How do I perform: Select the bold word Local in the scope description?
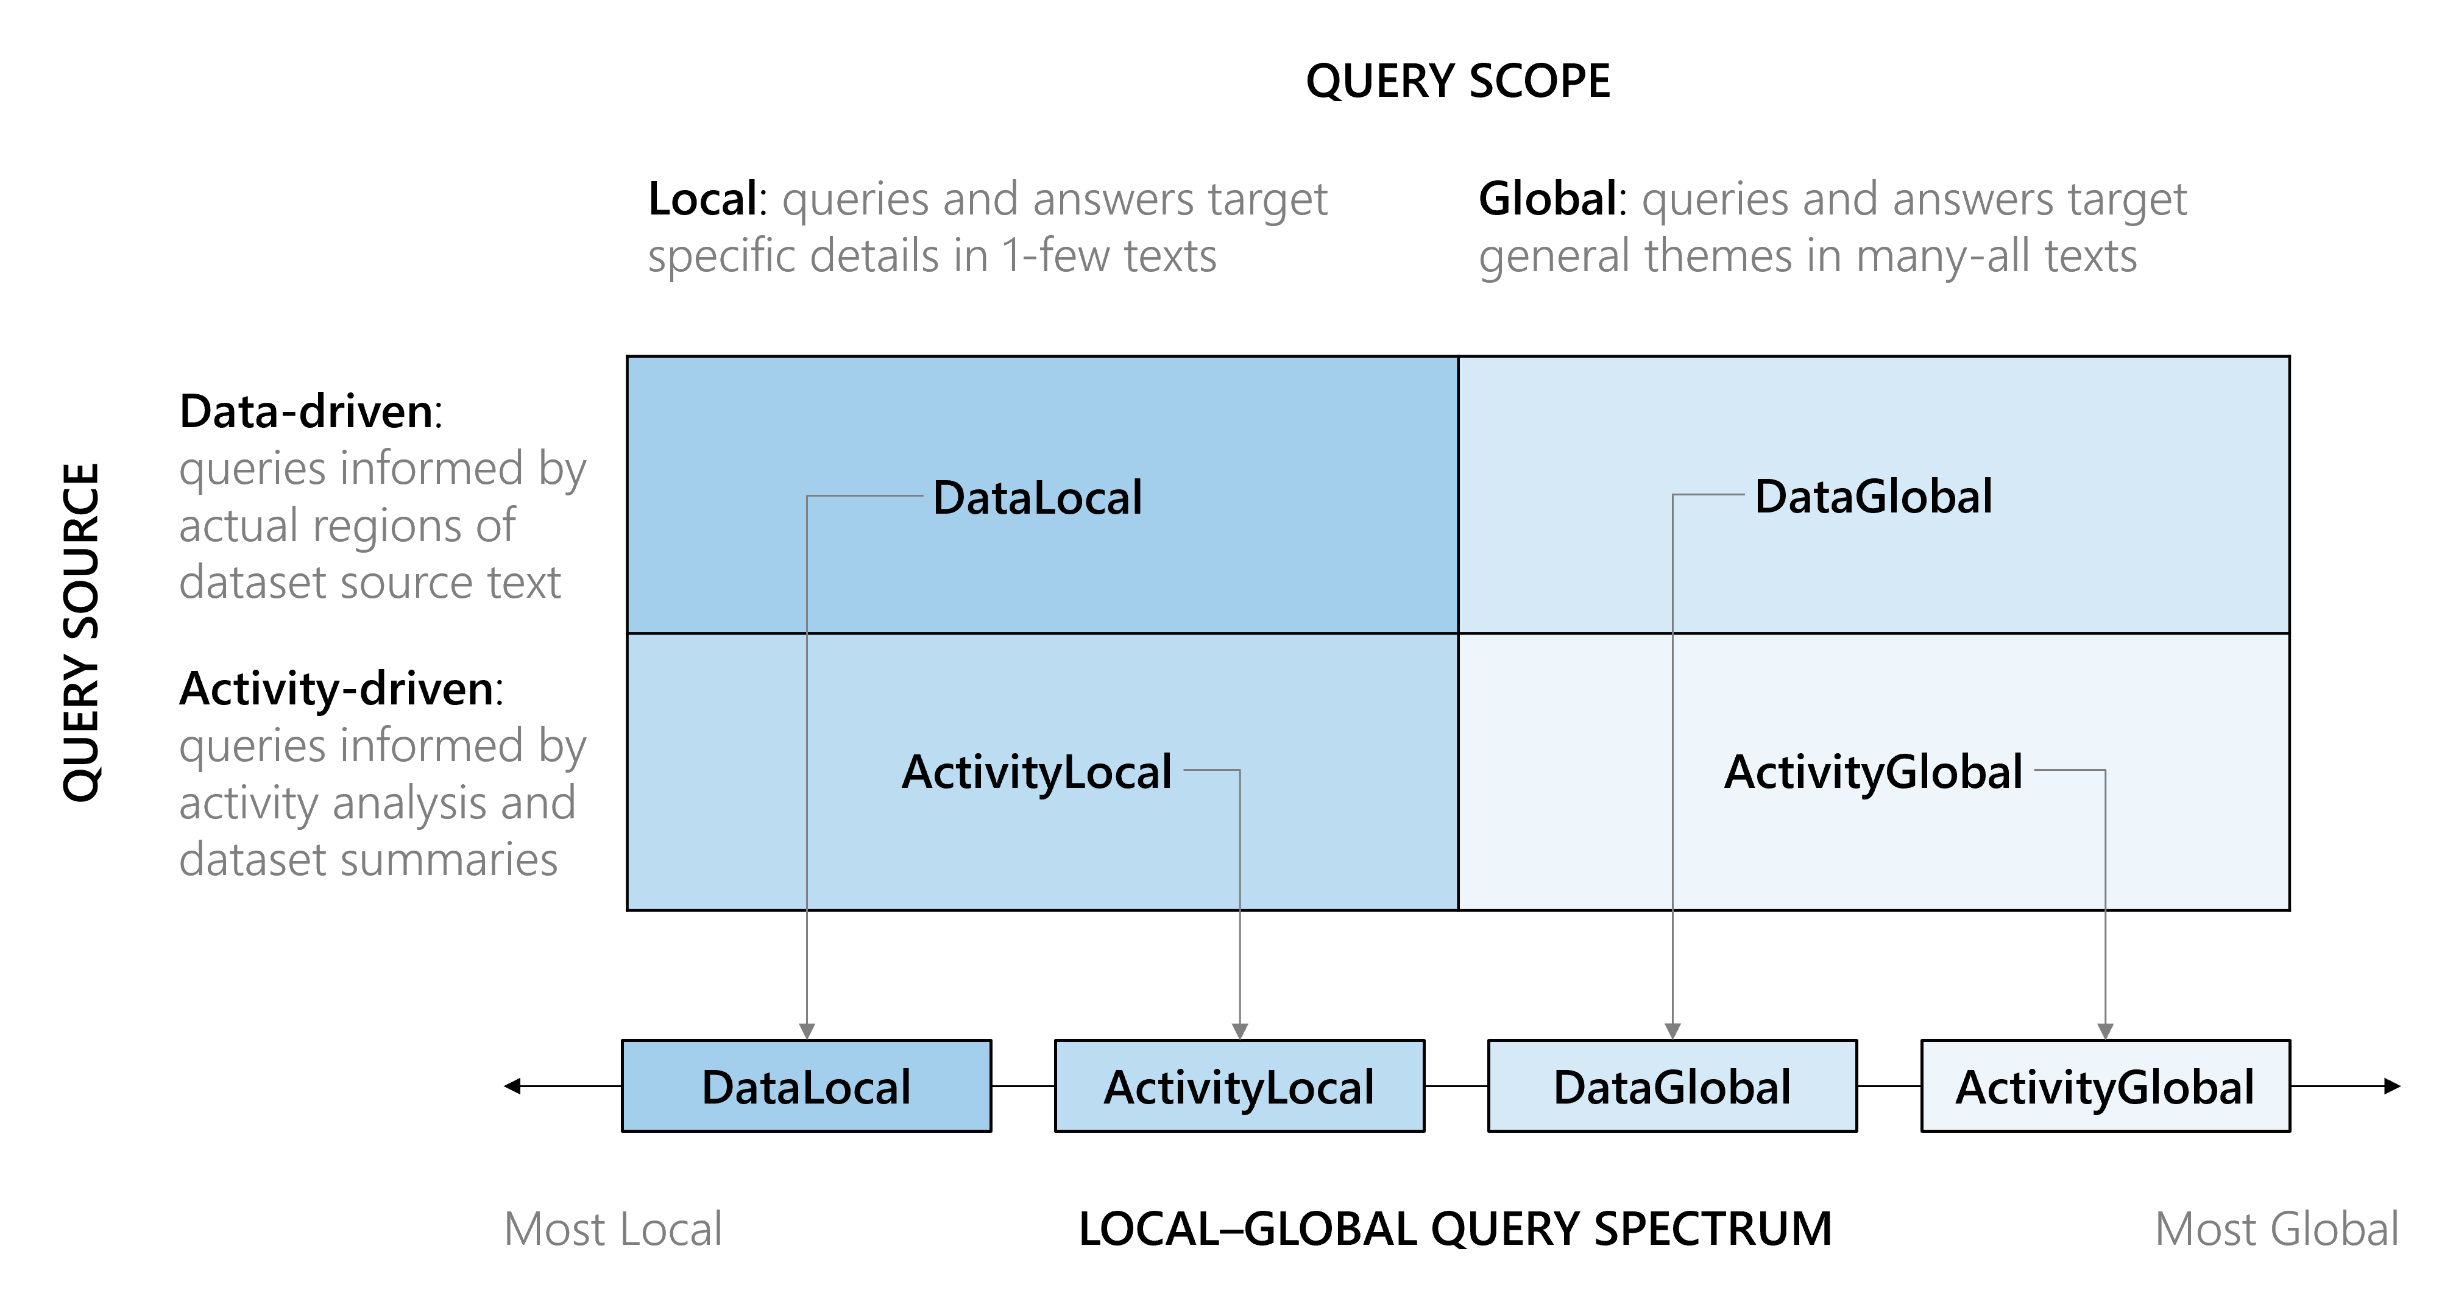click(703, 200)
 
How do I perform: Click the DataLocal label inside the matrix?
click(1037, 497)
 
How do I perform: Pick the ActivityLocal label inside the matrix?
click(1036, 772)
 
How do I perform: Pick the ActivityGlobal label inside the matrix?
click(1873, 772)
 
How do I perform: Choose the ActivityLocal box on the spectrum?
click(1239, 1086)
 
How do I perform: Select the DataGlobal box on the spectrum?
click(1672, 1086)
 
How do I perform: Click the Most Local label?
click(612, 1229)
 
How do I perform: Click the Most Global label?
click(2276, 1229)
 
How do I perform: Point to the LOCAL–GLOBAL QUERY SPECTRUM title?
click(1455, 1229)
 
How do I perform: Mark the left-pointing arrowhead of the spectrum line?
click(513, 1086)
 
